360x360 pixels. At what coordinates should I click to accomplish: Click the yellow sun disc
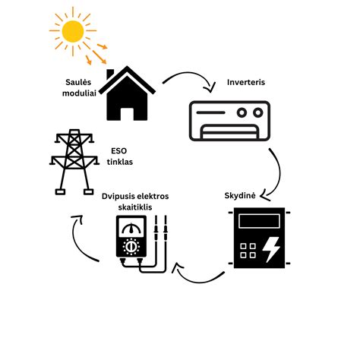73,31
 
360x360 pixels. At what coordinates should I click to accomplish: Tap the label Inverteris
246,82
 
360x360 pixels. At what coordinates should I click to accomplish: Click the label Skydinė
240,196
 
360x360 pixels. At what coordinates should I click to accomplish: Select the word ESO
118,151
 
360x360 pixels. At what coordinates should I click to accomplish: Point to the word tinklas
120,162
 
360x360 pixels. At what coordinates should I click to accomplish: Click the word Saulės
78,82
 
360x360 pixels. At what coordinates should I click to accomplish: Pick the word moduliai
79,93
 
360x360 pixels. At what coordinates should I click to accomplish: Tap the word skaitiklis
135,207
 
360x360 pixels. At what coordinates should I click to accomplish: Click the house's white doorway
127,114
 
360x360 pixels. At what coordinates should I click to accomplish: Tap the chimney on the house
110,74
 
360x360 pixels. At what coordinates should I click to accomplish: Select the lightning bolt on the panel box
271,250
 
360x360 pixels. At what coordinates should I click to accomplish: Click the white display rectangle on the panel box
259,221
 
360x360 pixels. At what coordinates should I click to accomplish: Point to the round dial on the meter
131,246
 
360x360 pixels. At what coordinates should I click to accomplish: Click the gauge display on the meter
131,227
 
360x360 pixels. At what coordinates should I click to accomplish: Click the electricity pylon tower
74,162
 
